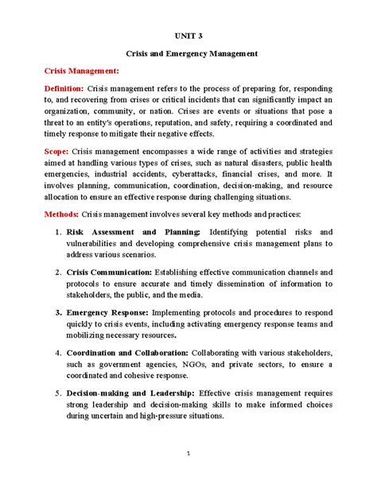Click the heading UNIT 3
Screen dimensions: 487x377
pos(188,35)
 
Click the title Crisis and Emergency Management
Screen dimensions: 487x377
pos(188,53)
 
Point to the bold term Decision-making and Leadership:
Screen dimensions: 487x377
pos(129,392)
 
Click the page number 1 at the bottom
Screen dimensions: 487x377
pos(188,455)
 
